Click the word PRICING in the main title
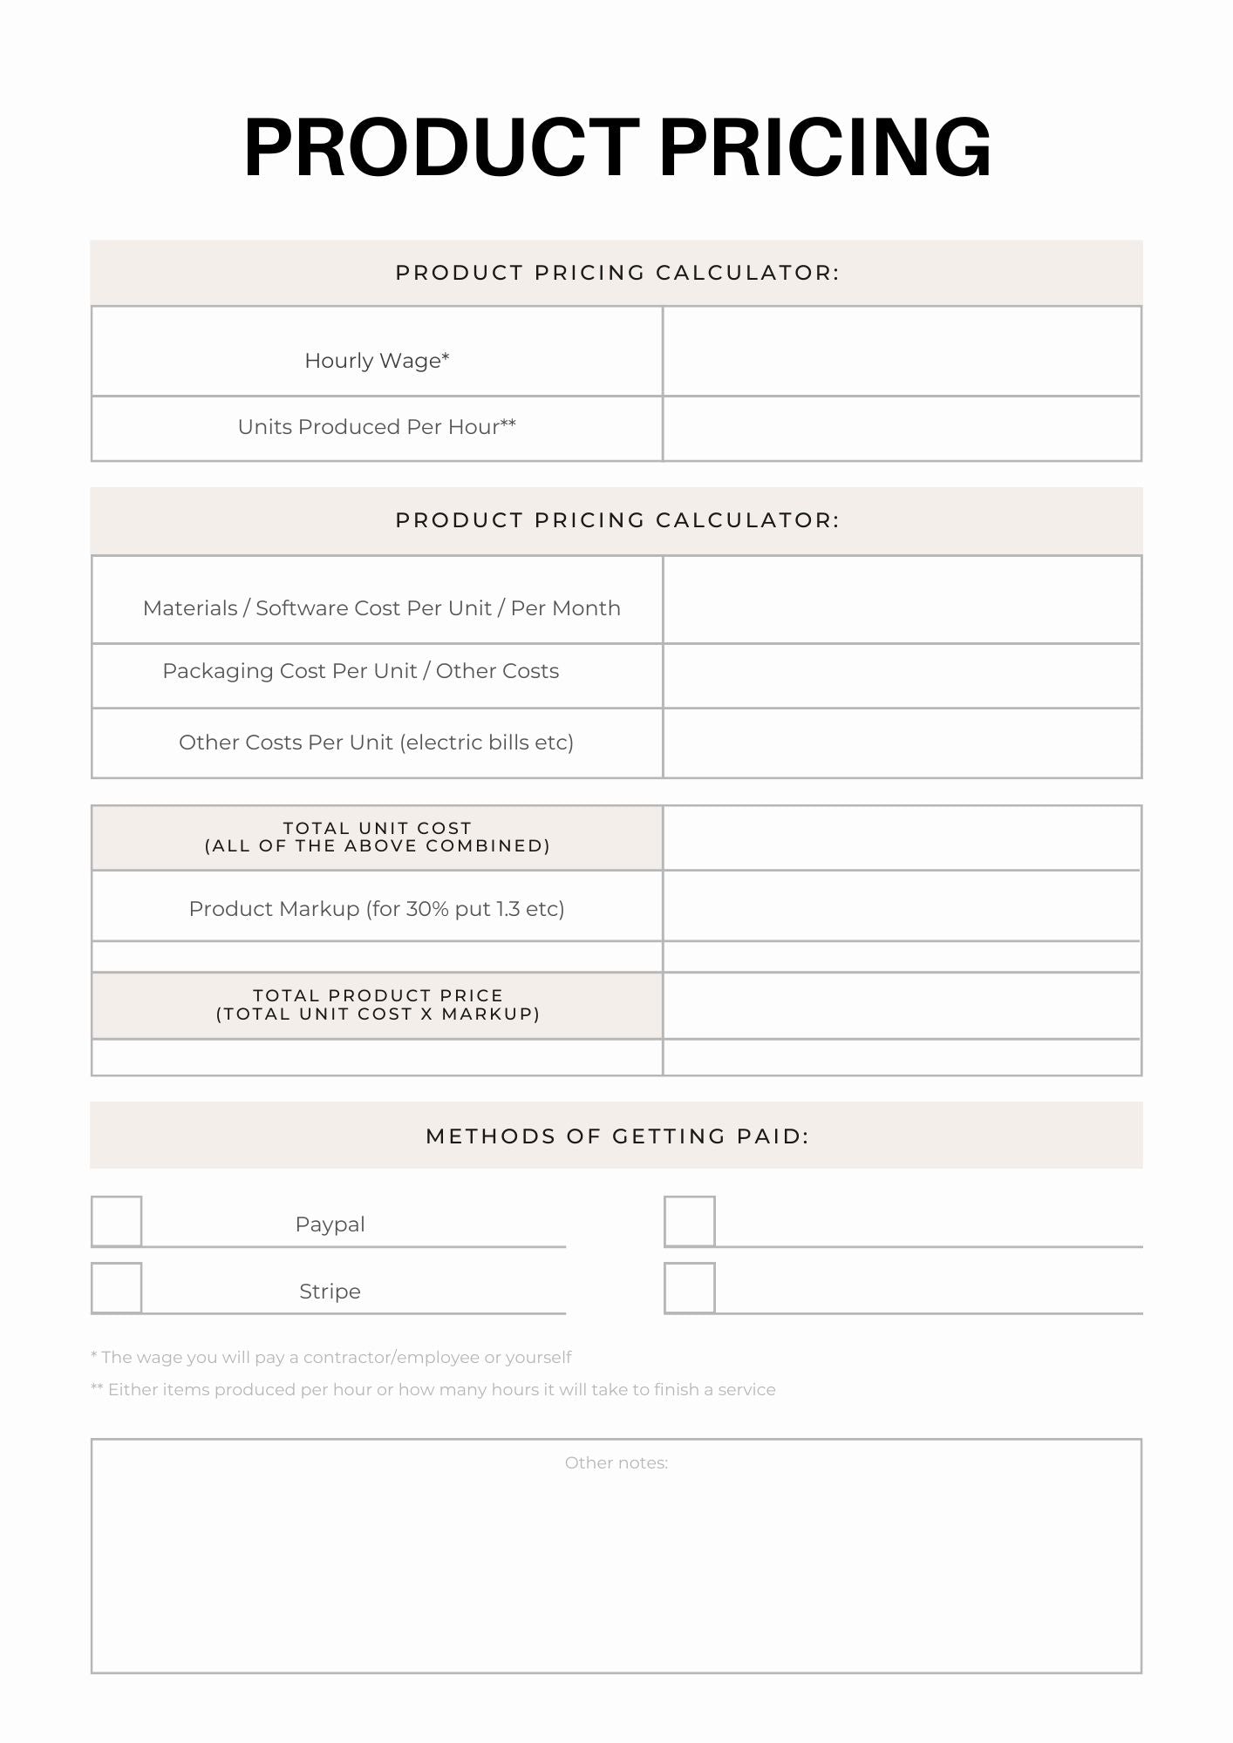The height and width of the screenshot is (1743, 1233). pos(825,148)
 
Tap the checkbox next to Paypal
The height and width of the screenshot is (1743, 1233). pos(117,1221)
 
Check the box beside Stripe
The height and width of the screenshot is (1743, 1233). pos(117,1287)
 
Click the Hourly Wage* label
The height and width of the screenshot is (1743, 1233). pos(377,361)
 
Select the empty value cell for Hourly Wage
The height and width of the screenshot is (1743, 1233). pos(902,351)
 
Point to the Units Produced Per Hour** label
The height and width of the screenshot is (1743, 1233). pos(377,427)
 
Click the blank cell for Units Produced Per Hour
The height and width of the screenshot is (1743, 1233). pos(902,429)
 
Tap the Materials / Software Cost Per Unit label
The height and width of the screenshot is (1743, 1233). pos(381,608)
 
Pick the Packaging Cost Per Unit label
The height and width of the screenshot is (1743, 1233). pos(360,671)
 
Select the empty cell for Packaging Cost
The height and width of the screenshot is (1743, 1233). pos(902,676)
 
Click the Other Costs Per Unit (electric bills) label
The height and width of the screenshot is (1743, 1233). pos(376,743)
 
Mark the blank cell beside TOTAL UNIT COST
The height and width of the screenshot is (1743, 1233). pos(902,838)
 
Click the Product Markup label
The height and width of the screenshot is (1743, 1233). pos(377,909)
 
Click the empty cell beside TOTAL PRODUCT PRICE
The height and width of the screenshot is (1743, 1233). pos(902,1006)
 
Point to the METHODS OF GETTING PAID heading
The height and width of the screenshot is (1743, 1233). pos(616,1136)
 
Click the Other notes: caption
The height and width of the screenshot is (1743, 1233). pos(616,1463)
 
